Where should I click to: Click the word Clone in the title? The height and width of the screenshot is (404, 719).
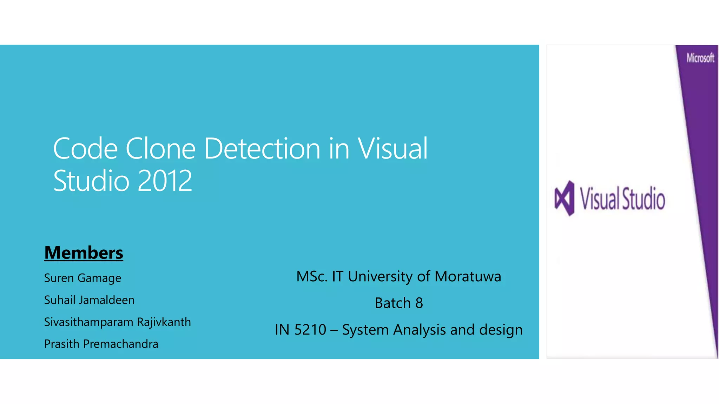click(x=160, y=149)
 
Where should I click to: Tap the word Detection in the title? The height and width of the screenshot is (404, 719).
click(x=262, y=149)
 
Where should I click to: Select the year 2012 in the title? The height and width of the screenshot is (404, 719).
click(x=165, y=181)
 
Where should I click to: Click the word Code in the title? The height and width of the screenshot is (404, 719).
click(x=85, y=149)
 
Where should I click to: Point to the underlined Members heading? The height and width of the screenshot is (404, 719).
click(x=84, y=253)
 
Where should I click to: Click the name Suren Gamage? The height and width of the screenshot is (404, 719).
click(x=83, y=278)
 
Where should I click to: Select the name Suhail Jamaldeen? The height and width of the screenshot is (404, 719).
click(x=89, y=300)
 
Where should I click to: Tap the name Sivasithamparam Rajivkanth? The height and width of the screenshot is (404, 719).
click(x=117, y=322)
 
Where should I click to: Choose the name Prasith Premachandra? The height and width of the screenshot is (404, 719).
click(x=101, y=344)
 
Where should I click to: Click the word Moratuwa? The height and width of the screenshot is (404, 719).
click(x=468, y=276)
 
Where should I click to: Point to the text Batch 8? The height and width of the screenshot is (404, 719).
click(x=399, y=303)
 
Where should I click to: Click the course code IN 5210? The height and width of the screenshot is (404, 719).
click(x=301, y=330)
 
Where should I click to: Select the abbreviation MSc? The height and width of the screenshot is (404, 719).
click(x=312, y=276)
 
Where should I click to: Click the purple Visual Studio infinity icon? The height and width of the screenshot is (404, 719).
click(x=565, y=198)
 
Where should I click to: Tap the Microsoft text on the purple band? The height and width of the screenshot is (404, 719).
click(x=700, y=58)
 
